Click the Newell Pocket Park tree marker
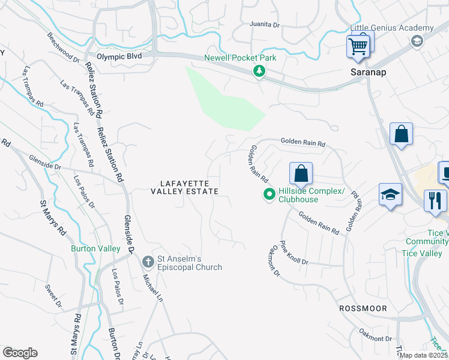[x=259, y=71]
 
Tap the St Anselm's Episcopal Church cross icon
[x=148, y=262]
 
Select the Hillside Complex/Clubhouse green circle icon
[x=270, y=194]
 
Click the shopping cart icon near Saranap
[x=358, y=46]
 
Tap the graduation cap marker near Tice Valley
[x=390, y=194]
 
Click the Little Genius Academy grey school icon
[x=415, y=41]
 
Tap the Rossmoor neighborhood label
[x=363, y=308]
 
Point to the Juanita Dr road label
[x=265, y=25]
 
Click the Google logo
[x=20, y=353]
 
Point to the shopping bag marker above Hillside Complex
[x=301, y=173]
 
